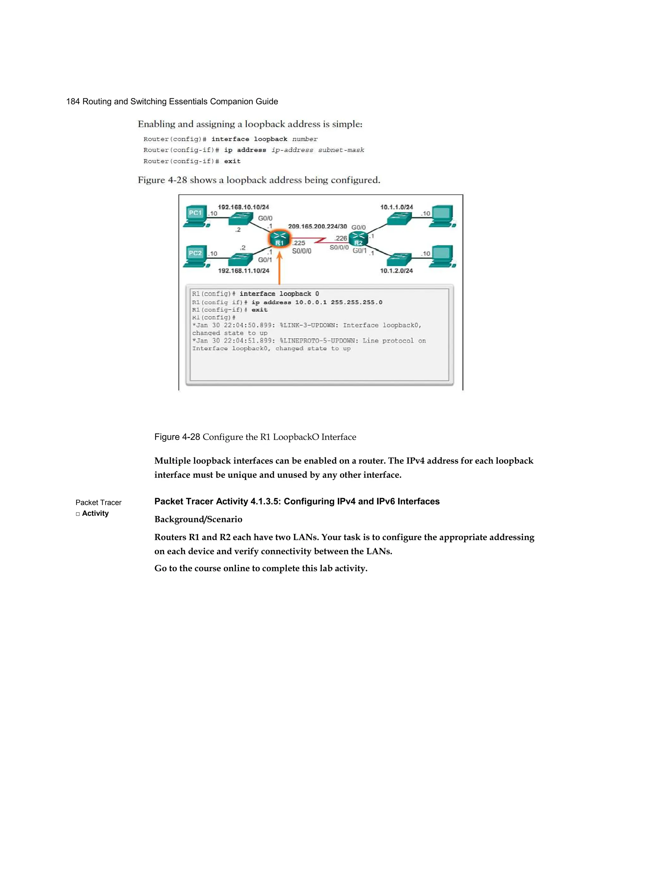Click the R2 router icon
[x=358, y=238]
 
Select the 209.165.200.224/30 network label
[x=317, y=227]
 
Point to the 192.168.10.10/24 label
[x=243, y=207]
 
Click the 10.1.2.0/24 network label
[x=396, y=271]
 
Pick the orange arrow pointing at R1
[x=279, y=267]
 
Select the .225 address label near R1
[x=299, y=243]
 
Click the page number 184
[x=73, y=101]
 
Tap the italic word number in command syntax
[x=305, y=139]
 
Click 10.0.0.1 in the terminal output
[x=311, y=302]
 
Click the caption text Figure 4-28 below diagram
[x=177, y=437]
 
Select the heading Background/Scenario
[x=198, y=519]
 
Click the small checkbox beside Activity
[x=78, y=514]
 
